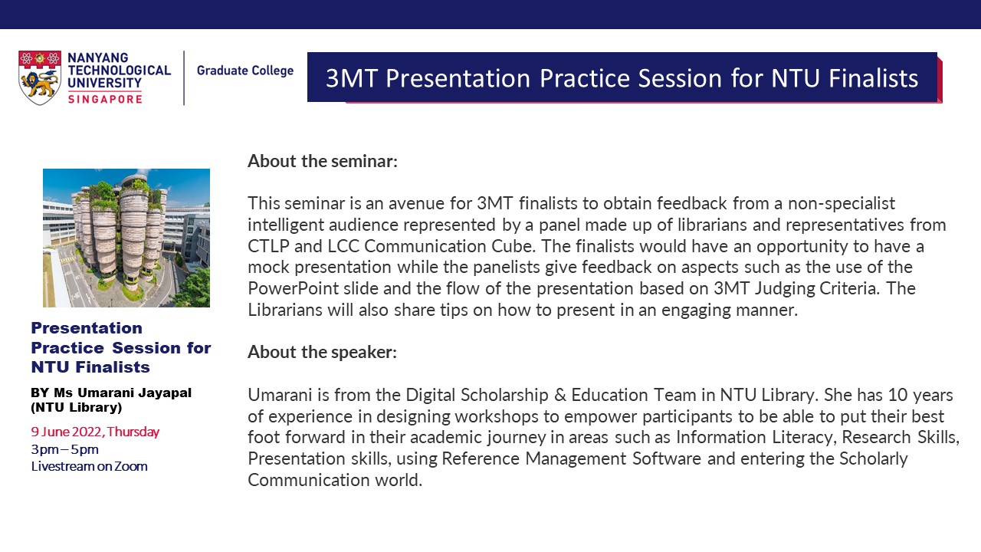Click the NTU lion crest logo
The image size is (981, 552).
(39, 77)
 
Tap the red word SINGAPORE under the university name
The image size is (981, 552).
(105, 100)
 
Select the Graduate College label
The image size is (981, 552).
(244, 71)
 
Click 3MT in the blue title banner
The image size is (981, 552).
(352, 78)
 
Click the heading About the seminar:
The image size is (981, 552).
(323, 161)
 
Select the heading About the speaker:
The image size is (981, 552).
(322, 352)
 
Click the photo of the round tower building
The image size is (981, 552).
(126, 238)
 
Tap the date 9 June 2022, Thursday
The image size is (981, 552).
(95, 432)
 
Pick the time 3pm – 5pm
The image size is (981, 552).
(64, 449)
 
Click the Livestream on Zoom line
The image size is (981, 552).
(89, 466)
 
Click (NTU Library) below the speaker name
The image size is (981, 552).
(76, 407)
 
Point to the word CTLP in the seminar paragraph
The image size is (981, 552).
(268, 246)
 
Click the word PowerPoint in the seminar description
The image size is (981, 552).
(293, 289)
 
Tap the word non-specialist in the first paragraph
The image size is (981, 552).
(842, 204)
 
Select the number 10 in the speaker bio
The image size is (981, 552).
(897, 395)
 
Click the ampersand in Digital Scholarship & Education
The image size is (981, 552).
(559, 395)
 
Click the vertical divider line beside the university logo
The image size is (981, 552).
(184, 78)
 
